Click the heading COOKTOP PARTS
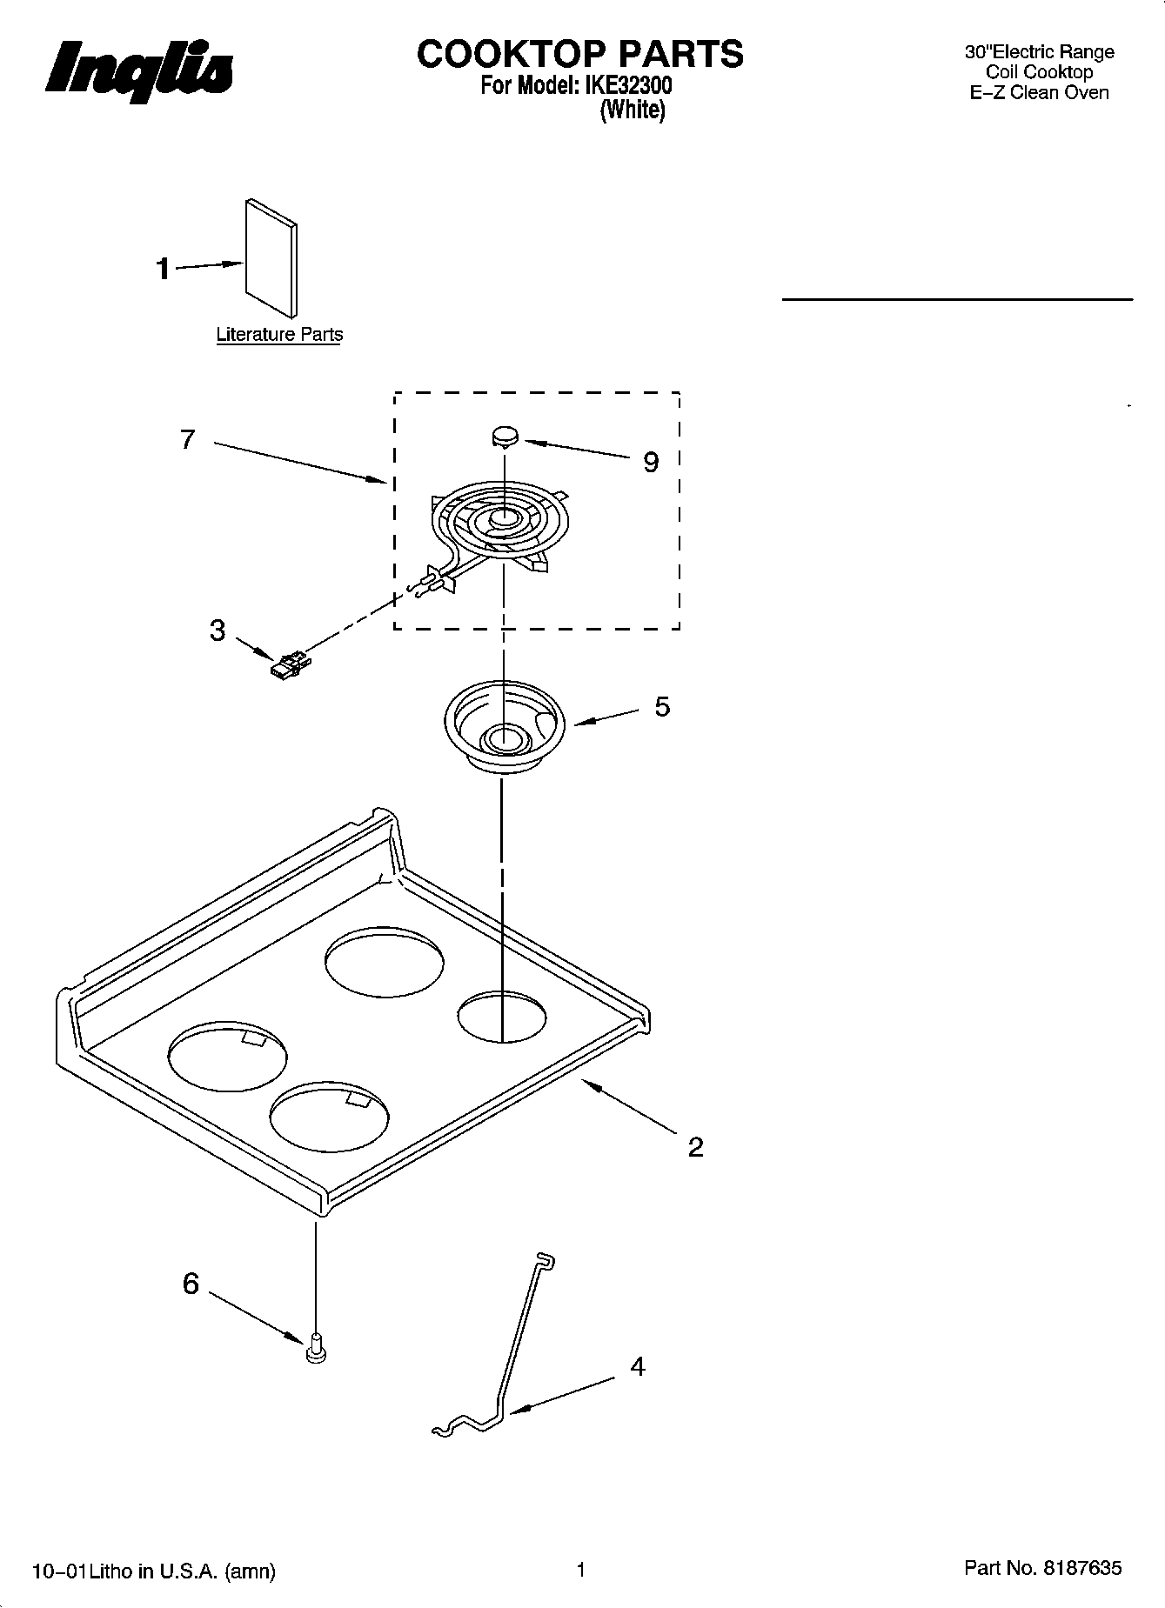coord(579,54)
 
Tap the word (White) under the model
coord(633,110)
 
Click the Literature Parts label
coord(279,335)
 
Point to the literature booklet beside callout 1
coord(271,258)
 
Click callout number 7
coord(188,440)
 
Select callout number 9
coord(651,463)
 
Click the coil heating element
coord(503,525)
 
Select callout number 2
coord(695,1148)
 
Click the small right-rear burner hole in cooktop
coord(502,1016)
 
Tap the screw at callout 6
coord(316,1348)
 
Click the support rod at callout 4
coord(509,1365)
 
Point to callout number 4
coord(638,1367)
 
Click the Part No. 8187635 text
coord(1042,1568)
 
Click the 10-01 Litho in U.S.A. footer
coord(154,1571)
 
